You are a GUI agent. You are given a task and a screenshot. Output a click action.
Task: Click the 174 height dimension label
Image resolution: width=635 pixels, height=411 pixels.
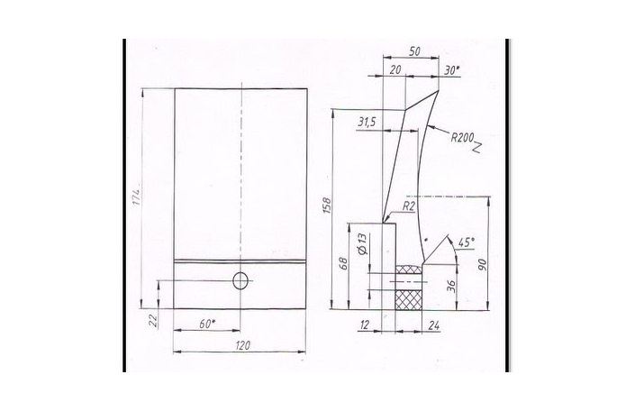[x=137, y=196]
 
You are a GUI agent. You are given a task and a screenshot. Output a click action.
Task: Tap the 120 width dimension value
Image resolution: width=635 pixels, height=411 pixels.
[x=242, y=345]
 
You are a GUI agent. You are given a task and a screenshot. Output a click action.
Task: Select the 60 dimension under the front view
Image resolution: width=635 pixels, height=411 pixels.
[x=207, y=324]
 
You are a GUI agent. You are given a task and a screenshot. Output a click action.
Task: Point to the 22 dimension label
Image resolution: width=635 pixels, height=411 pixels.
[x=153, y=321]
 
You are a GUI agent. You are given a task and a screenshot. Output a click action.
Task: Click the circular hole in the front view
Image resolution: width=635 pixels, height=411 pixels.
[x=240, y=280]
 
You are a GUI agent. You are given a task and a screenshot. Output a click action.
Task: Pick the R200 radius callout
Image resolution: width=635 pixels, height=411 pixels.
[x=462, y=138]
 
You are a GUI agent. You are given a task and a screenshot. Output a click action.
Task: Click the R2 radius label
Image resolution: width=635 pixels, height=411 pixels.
[x=409, y=206]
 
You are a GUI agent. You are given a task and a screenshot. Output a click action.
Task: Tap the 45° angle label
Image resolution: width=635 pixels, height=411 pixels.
[x=466, y=242]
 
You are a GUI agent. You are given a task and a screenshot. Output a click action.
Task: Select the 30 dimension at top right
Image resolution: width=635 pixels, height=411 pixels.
[x=451, y=70]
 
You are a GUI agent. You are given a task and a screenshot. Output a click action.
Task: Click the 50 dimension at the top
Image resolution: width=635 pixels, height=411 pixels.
[x=414, y=51]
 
